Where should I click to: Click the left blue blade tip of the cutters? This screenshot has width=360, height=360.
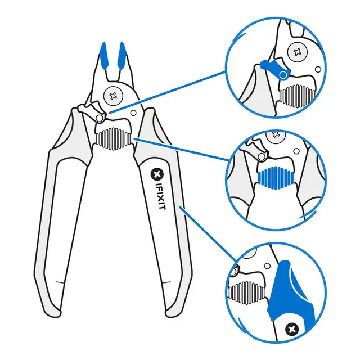[105, 55]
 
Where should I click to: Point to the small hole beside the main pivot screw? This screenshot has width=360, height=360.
[133, 112]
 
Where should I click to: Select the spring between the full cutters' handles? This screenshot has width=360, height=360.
[114, 137]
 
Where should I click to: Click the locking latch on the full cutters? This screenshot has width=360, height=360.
[90, 110]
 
